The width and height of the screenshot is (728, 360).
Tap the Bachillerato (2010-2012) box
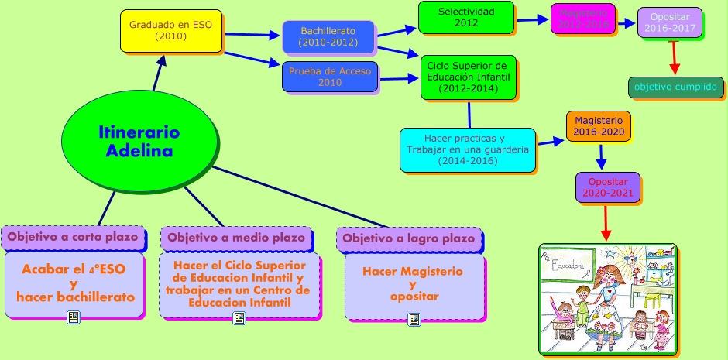tap(328, 36)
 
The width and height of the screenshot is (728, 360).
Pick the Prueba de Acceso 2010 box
tap(330, 77)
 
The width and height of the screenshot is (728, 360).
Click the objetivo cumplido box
tap(675, 87)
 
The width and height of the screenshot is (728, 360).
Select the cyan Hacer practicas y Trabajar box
tap(468, 149)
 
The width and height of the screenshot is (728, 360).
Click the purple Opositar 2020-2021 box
tap(608, 187)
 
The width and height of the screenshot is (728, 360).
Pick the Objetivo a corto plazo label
tap(73, 237)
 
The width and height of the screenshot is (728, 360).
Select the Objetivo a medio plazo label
tap(236, 237)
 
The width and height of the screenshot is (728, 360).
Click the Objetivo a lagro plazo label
tap(409, 238)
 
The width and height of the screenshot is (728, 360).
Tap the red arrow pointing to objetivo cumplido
tap(674, 58)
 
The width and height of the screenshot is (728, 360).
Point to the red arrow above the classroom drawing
tap(606, 224)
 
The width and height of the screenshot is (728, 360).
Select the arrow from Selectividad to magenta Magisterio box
tap(532, 21)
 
